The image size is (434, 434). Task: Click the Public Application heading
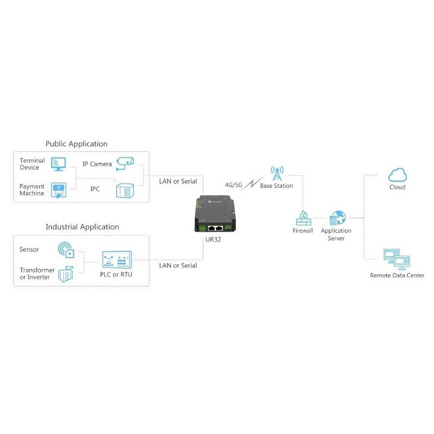pyautogui.click(x=76, y=144)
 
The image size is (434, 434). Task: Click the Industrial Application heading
pyautogui.click(x=82, y=227)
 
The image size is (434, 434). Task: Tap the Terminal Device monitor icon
pyautogui.click(x=58, y=163)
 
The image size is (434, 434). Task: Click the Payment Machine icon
pyautogui.click(x=58, y=190)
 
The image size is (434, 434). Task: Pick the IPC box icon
pyautogui.click(x=124, y=190)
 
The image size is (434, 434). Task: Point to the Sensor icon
pyautogui.click(x=66, y=250)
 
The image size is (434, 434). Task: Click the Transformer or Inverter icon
pyautogui.click(x=66, y=274)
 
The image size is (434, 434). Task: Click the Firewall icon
pyautogui.click(x=303, y=218)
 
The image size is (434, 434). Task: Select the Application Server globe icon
pyautogui.click(x=336, y=218)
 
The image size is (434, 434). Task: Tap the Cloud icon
pyautogui.click(x=397, y=175)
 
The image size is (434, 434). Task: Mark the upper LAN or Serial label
pyautogui.click(x=177, y=181)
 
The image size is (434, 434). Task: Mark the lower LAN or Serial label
pyautogui.click(x=177, y=265)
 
